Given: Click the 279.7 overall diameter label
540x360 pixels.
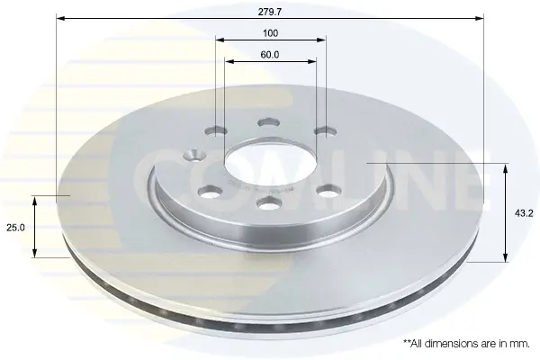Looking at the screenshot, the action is [x=270, y=12].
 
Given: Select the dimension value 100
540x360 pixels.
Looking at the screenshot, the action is [x=270, y=33].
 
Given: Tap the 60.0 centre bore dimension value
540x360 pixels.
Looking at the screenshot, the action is [x=270, y=54].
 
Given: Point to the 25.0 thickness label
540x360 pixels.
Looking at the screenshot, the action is [x=16, y=228].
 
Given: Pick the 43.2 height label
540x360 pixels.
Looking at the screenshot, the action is [x=524, y=213].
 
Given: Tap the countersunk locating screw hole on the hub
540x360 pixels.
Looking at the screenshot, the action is [x=193, y=154].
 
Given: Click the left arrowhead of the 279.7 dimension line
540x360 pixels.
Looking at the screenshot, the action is [x=60, y=18].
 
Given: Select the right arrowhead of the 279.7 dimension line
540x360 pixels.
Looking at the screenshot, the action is [x=480, y=18].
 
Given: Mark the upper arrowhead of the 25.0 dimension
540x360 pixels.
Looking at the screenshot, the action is [x=34, y=201].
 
